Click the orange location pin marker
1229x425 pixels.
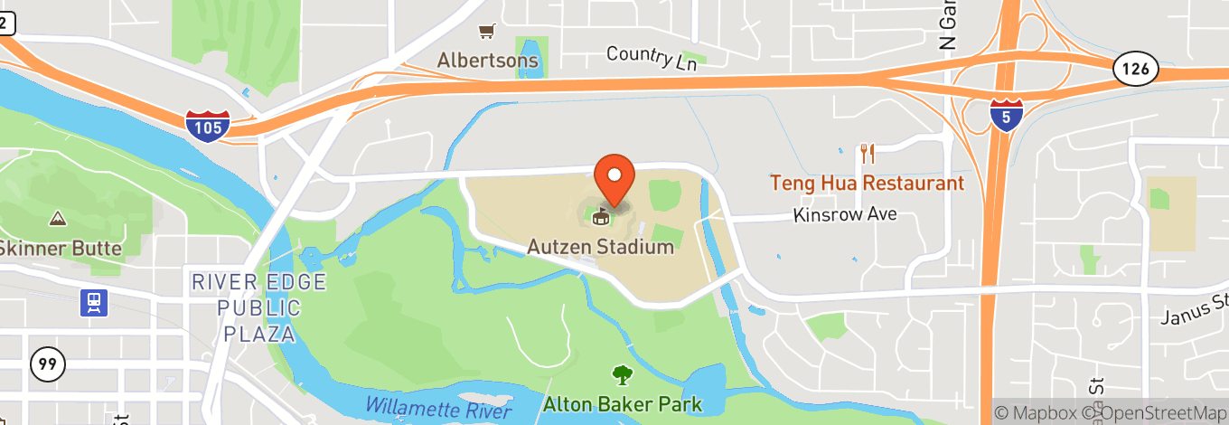tap(614, 178)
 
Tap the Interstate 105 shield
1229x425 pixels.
tap(208, 125)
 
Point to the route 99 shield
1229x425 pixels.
tap(47, 364)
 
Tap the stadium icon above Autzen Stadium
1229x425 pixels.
tap(598, 215)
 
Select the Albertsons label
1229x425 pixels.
tap(488, 61)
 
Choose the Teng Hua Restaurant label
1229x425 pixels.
tap(867, 183)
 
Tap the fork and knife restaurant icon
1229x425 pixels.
tap(867, 153)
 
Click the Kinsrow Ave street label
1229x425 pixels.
tap(844, 214)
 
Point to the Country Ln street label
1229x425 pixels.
tap(652, 57)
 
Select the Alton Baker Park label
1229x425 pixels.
tap(622, 403)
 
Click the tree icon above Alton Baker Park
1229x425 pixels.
tap(622, 373)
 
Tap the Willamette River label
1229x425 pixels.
tap(443, 404)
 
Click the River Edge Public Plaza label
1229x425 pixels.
tap(258, 307)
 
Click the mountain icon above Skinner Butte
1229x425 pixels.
tap(58, 219)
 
